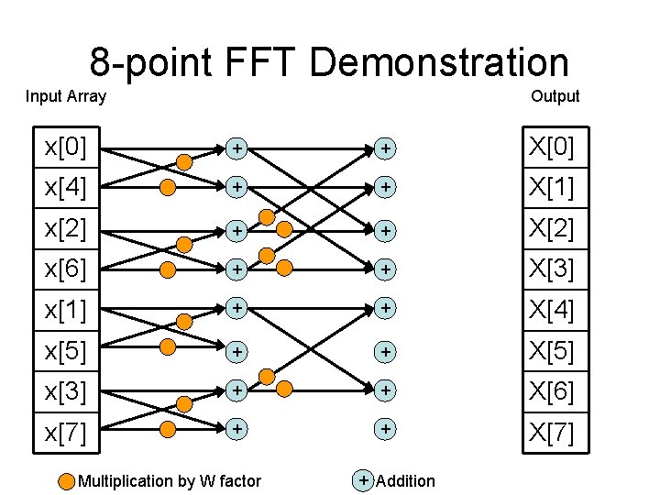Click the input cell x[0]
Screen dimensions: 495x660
(66, 147)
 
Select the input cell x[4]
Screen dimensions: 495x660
(66, 188)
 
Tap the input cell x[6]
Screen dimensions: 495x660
(66, 269)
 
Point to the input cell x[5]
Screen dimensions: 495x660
(66, 351)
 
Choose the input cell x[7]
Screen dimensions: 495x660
(66, 432)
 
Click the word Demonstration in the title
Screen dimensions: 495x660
(439, 62)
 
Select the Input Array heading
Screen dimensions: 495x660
(66, 96)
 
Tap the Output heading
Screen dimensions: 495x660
(555, 96)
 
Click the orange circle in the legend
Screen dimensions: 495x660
(67, 481)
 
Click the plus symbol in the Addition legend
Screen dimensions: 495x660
(364, 480)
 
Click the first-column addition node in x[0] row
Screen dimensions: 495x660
(236, 147)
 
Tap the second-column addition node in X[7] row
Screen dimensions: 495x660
(386, 428)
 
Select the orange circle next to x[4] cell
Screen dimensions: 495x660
(168, 188)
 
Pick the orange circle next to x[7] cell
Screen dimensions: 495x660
(168, 428)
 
